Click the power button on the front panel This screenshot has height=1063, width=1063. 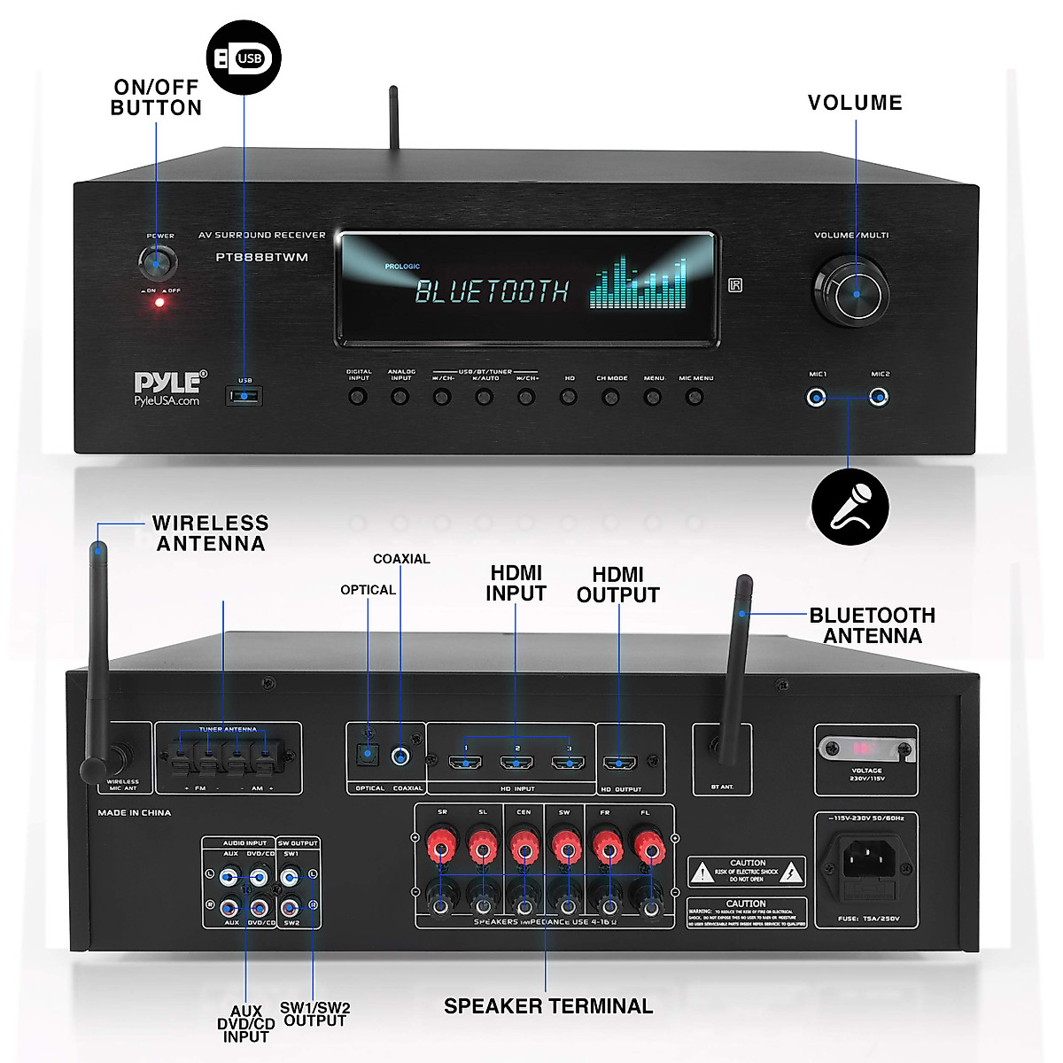[158, 262]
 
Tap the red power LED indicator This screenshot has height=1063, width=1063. [159, 302]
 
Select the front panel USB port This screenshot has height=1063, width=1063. [244, 396]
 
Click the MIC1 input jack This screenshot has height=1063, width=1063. [817, 398]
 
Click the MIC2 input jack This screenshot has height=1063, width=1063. [879, 398]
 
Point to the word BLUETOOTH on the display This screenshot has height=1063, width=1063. [492, 291]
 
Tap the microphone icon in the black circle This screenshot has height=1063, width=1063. [850, 507]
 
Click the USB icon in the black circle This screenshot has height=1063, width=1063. [244, 58]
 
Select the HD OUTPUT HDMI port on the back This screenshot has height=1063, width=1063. [619, 763]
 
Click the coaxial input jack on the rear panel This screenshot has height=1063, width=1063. [403, 757]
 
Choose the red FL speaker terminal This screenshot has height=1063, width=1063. [649, 848]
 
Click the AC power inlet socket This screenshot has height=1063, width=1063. [865, 858]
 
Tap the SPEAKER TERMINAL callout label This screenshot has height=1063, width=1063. [548, 1006]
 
